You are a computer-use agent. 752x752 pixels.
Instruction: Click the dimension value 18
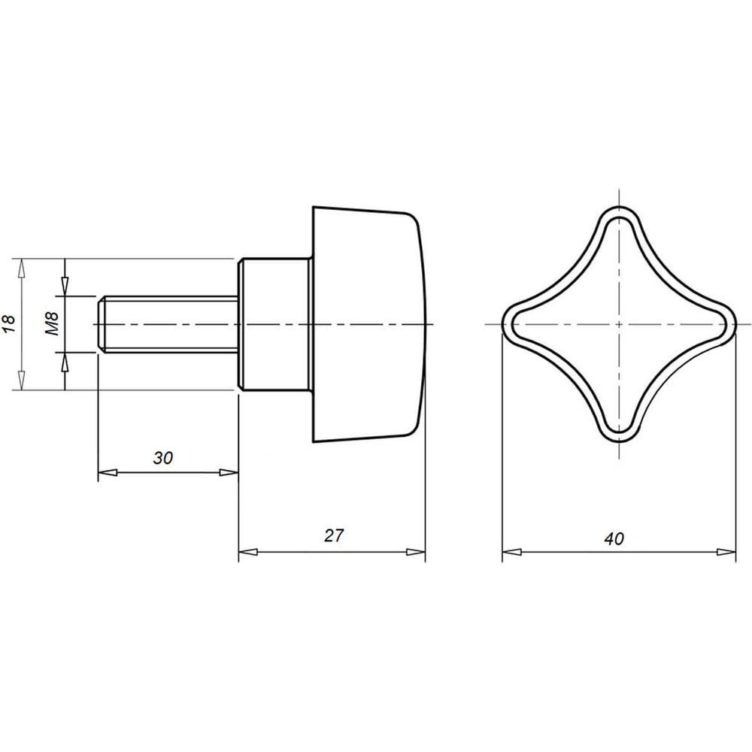coord(11,324)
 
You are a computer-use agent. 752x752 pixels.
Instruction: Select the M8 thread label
coord(52,323)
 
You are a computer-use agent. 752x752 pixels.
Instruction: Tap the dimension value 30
coord(163,458)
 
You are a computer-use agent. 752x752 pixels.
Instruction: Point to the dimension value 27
coord(334,535)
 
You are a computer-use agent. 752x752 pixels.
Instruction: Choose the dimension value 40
coord(614,538)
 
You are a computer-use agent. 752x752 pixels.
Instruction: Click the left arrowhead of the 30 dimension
coord(108,472)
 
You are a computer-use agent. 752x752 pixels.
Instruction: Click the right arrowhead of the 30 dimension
coord(229,472)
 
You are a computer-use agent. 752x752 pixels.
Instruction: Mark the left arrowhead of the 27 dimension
coord(248,551)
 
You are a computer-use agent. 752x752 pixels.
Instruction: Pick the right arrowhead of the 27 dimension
coord(416,551)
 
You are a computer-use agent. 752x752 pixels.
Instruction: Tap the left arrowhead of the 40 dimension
coord(511,552)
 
